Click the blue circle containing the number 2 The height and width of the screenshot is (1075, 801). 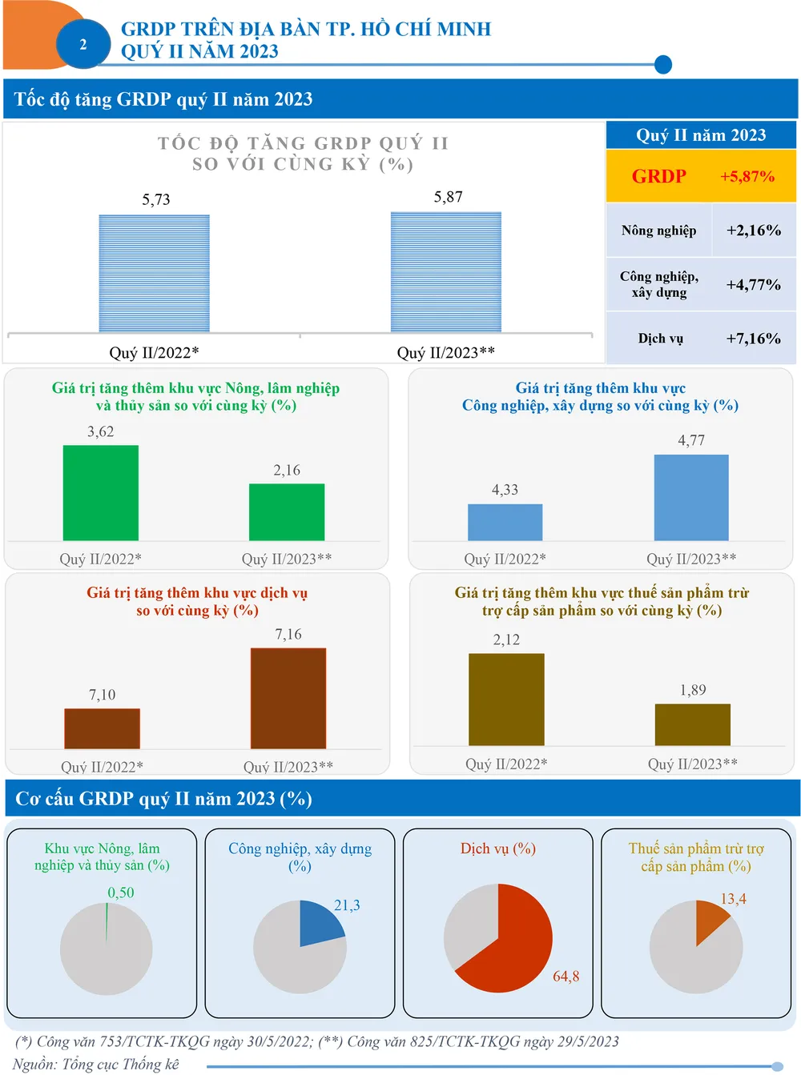point(83,44)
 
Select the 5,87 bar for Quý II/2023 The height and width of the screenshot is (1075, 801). point(446,272)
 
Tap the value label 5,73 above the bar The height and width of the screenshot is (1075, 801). point(156,199)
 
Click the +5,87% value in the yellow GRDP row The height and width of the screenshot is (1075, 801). point(747,176)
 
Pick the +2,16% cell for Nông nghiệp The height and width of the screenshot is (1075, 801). point(753,231)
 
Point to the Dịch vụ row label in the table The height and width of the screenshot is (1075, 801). point(660,339)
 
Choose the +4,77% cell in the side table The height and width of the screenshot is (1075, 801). point(753,284)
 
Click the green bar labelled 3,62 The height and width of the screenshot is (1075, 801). point(101,493)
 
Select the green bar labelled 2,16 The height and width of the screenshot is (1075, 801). point(287,512)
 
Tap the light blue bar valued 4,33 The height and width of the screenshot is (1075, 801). point(505,522)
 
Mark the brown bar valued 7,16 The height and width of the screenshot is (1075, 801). point(288,698)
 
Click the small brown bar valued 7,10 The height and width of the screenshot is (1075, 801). point(102,728)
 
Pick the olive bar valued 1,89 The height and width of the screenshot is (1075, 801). point(693,724)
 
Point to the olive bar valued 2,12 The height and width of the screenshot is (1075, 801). point(506,700)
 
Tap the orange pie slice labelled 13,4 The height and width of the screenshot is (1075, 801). point(709,919)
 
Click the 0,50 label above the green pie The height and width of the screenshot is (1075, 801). point(121,892)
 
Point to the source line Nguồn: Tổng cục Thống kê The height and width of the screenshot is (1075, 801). point(96,1064)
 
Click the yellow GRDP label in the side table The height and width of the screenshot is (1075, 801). point(659,176)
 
